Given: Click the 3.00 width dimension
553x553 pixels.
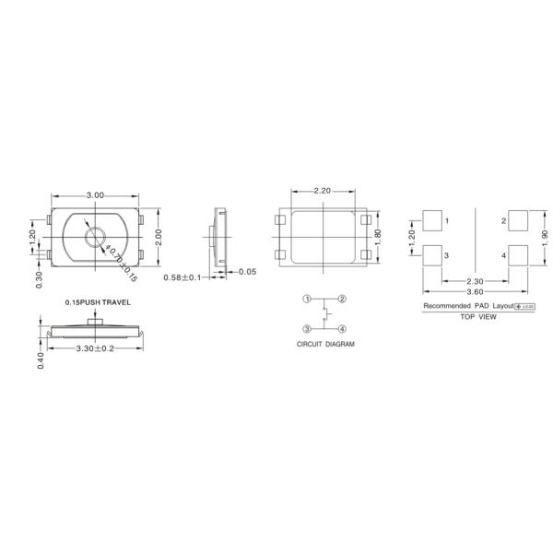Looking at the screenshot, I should pos(95,195).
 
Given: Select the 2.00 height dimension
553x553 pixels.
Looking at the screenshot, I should pos(158,238).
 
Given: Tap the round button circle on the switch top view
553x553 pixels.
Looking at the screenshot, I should pos(96,239).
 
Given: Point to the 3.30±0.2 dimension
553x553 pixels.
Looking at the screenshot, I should pos(95,348).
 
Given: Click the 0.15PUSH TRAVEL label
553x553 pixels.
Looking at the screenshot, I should pos(99,302).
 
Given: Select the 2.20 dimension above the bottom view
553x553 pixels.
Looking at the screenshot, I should pos(323,191).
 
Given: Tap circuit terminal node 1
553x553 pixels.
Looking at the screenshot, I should pos(309,299).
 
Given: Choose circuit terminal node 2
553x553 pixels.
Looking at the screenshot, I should pos(342,299).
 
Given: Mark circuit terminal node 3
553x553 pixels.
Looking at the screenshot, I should pos(309,329).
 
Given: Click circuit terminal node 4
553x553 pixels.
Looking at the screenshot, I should pos(342,329).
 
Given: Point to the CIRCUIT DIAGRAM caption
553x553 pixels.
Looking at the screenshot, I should pos(325,344).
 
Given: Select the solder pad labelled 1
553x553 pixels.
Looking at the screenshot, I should pos(431,220).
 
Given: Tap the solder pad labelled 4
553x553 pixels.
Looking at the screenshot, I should pos(519,254).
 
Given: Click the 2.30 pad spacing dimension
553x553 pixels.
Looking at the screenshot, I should pos(476,281).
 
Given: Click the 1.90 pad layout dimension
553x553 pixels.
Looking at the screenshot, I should pos(544,238).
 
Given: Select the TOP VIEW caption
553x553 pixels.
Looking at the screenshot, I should pos(478,317).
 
